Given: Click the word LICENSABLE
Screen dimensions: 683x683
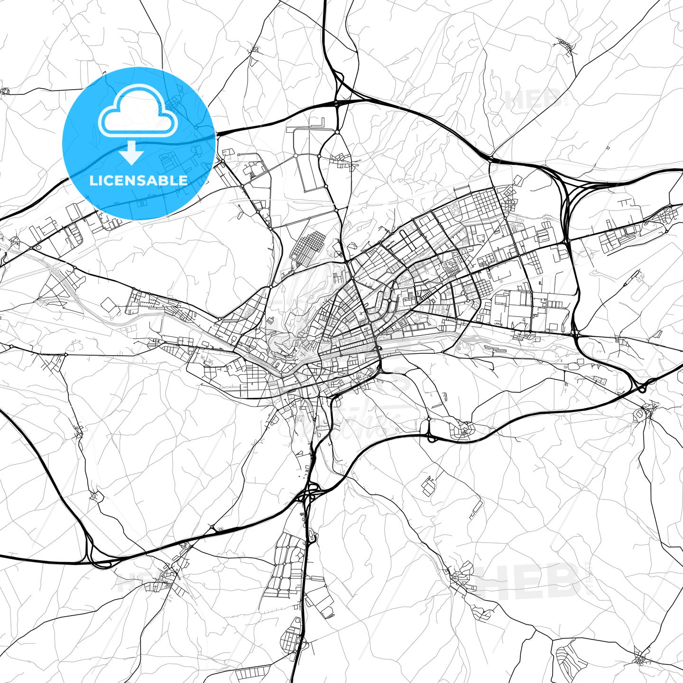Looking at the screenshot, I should tap(138, 180).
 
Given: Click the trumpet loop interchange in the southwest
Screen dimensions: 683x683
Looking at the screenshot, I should tap(97, 560).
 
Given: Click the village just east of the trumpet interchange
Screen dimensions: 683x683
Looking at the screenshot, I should tap(166, 576).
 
